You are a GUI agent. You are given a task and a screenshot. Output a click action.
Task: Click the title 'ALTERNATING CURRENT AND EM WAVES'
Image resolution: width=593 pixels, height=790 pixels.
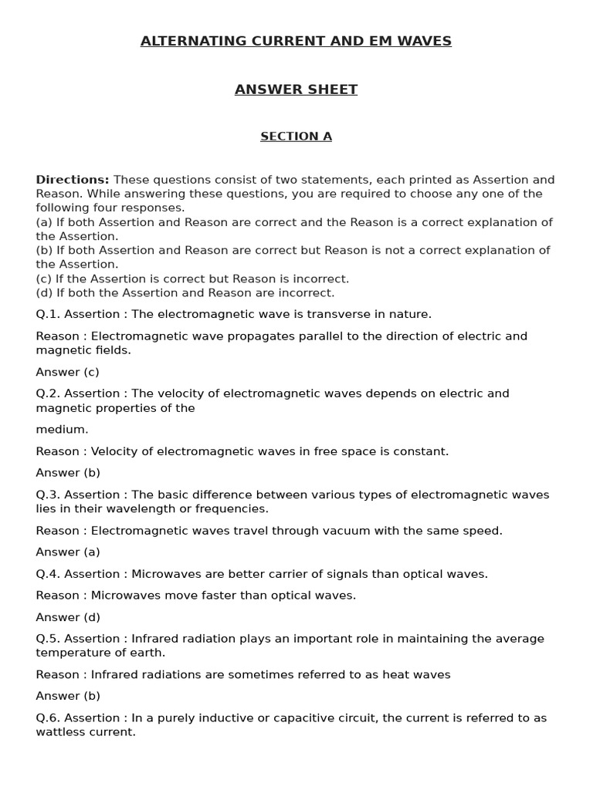(296, 42)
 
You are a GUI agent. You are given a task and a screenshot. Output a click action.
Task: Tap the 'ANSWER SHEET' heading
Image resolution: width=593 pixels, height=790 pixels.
(296, 89)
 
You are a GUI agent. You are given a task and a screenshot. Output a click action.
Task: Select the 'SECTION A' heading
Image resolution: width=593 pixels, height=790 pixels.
(296, 137)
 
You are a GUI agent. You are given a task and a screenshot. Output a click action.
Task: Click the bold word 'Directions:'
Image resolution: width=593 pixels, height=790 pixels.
(73, 180)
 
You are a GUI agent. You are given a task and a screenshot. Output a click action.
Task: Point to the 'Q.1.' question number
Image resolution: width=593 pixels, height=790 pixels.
(49, 314)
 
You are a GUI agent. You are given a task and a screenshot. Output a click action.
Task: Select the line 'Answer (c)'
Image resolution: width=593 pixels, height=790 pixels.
(67, 372)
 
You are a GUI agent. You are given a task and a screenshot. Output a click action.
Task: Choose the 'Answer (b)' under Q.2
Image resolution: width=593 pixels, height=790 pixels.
(68, 473)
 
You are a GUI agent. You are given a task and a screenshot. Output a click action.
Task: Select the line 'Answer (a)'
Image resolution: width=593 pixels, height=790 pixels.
(68, 552)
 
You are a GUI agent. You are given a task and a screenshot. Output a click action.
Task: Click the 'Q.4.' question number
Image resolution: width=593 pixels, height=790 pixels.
(49, 574)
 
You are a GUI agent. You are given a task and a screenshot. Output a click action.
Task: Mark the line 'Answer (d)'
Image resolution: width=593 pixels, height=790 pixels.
(68, 617)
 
